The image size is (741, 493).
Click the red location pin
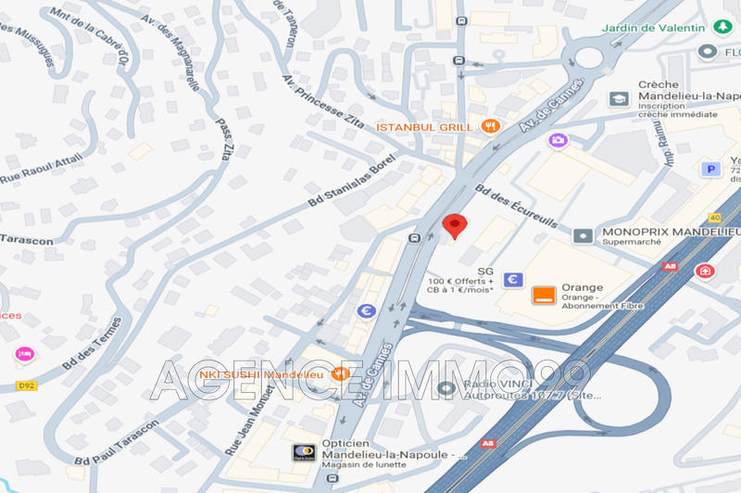[454, 225]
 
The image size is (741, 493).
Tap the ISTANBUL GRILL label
[424, 126]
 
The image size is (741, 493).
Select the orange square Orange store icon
[544, 296]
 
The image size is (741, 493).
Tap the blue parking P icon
[711, 169]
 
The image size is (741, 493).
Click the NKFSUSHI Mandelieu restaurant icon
[340, 374]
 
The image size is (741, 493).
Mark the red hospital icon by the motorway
[705, 271]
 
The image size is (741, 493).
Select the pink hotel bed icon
[24, 354]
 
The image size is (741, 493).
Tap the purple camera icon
[558, 140]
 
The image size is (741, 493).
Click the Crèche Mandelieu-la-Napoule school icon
[618, 98]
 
